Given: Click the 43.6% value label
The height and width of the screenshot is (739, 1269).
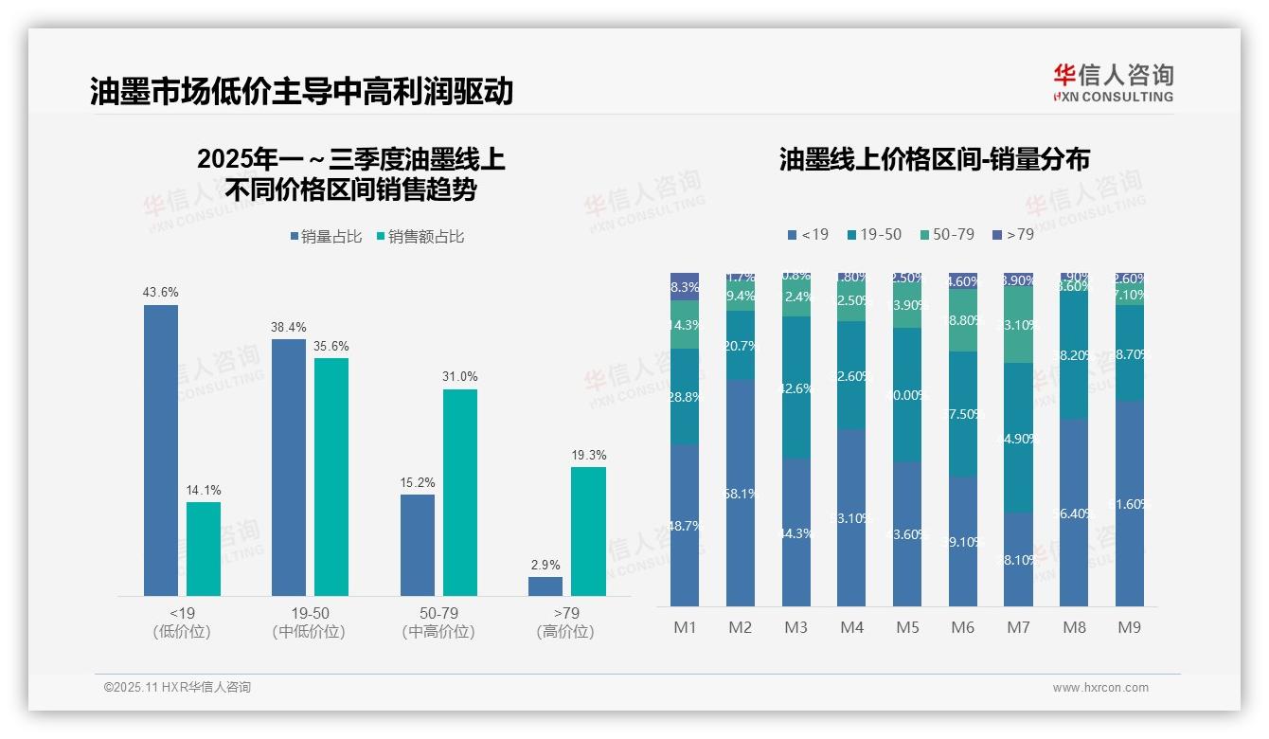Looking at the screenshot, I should tap(160, 293).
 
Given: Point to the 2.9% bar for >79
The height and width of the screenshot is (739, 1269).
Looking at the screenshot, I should tap(545, 586).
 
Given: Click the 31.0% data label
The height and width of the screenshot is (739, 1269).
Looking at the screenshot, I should tap(459, 377).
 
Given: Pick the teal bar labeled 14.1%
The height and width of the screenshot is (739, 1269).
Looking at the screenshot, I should tap(204, 549).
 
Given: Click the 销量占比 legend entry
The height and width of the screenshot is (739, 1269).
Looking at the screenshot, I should tap(326, 237).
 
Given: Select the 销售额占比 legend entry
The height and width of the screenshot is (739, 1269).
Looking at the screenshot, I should tap(421, 237).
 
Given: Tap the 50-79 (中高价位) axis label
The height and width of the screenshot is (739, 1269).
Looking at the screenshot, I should tap(438, 622).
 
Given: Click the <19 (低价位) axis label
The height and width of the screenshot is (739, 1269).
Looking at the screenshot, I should tap(182, 622).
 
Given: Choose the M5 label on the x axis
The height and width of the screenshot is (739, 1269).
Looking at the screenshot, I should tap(906, 627).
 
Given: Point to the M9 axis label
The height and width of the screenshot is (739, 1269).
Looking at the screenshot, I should tap(1129, 627).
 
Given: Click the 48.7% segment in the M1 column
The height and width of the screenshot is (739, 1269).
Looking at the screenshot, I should tap(685, 525).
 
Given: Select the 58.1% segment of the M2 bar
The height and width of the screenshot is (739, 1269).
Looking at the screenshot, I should tap(741, 493).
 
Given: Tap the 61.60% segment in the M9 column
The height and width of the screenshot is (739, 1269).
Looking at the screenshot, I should tap(1129, 503).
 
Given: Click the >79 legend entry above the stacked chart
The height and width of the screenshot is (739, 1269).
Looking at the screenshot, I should tap(1012, 234).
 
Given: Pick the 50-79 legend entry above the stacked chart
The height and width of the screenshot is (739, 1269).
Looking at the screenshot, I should tap(946, 234).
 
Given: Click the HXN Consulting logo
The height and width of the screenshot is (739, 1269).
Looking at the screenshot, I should tap(1113, 82).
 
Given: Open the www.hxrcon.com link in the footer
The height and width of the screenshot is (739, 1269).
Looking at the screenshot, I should tap(1100, 688).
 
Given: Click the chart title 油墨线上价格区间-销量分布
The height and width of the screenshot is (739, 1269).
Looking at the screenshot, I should tap(934, 159).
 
